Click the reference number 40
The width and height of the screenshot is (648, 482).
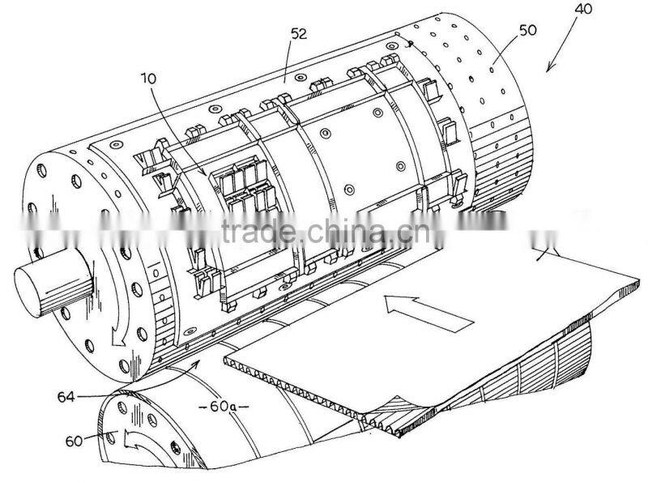pyautogui.click(x=583, y=9)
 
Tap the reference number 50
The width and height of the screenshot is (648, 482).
pyautogui.click(x=527, y=30)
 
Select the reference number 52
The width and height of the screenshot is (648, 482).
pyautogui.click(x=299, y=34)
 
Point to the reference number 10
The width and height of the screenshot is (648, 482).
pyautogui.click(x=149, y=79)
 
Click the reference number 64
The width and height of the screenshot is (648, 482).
pyautogui.click(x=66, y=397)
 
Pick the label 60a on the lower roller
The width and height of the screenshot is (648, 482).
pyautogui.click(x=224, y=407)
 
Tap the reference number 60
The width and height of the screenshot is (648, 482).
pyautogui.click(x=75, y=441)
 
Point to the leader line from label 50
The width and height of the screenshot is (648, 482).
pyautogui.click(x=505, y=51)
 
